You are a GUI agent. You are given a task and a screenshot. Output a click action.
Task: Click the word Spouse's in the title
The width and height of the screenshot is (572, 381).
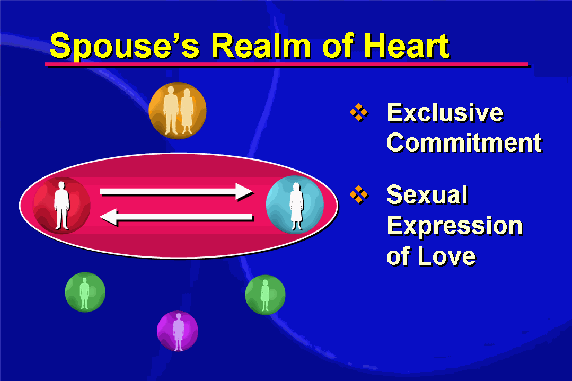coord(124,46)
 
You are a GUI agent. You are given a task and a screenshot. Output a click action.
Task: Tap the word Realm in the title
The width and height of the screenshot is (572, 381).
coord(261,45)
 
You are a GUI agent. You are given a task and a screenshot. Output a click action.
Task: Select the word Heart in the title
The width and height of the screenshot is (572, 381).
coord(406,45)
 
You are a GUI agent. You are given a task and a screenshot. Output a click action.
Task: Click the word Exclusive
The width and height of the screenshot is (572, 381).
coord(445,112)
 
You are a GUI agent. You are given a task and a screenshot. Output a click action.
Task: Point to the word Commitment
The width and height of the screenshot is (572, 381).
coord(464,142)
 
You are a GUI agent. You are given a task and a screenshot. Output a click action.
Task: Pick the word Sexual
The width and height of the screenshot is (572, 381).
coord(427,194)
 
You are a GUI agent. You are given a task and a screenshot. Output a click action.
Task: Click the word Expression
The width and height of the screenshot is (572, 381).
coord(455,226)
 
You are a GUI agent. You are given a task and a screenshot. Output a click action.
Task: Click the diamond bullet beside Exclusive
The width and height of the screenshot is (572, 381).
coord(359,112)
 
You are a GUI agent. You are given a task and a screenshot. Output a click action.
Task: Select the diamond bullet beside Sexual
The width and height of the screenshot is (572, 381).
coord(359,195)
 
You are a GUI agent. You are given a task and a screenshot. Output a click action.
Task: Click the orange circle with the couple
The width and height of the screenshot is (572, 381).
coord(178,111)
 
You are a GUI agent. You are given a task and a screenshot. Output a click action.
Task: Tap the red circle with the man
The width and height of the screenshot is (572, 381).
coord(62,205)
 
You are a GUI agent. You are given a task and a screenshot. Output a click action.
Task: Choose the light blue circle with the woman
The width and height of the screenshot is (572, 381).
coord(295,204)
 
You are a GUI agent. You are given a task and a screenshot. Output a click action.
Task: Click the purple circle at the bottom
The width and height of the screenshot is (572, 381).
coord(178,331)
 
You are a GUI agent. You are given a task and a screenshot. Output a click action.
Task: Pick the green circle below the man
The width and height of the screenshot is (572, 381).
coord(85,292)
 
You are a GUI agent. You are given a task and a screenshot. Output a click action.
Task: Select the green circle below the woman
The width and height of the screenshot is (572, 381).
coord(265,295)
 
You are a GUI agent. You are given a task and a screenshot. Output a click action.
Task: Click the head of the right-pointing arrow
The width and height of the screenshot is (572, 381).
coord(244,192)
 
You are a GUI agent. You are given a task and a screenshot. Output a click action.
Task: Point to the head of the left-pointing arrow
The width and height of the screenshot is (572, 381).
coord(109,217)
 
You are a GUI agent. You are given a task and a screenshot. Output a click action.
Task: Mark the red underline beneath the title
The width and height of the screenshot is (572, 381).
coord(287,65)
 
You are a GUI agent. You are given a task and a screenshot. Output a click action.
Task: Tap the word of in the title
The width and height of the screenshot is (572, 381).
coord(337,45)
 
